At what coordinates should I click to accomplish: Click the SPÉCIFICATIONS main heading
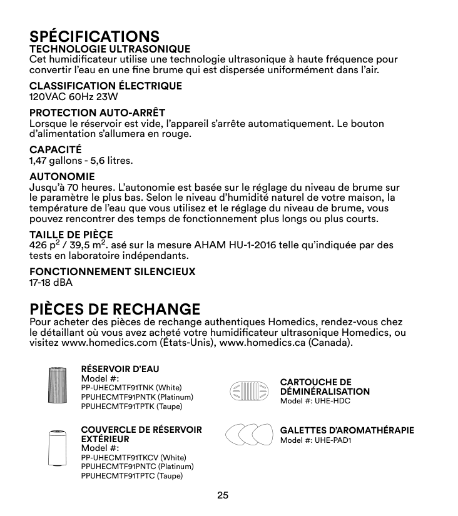[x=94, y=36]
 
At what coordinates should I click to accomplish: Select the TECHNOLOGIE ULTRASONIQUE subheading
[x=110, y=49]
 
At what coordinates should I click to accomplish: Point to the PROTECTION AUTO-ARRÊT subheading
[x=98, y=113]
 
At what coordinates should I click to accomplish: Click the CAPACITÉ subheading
[x=56, y=149]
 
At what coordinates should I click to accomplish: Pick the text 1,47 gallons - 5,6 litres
[x=81, y=161]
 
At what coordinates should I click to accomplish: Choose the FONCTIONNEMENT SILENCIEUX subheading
[x=113, y=271]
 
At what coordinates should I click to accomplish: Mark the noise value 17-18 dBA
[x=51, y=283]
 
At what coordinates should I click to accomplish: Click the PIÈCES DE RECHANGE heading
[x=115, y=309]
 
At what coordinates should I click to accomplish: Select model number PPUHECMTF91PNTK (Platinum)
[x=138, y=397]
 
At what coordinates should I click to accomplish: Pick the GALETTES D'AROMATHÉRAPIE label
[x=347, y=430]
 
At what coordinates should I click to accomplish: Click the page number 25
[x=223, y=495]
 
